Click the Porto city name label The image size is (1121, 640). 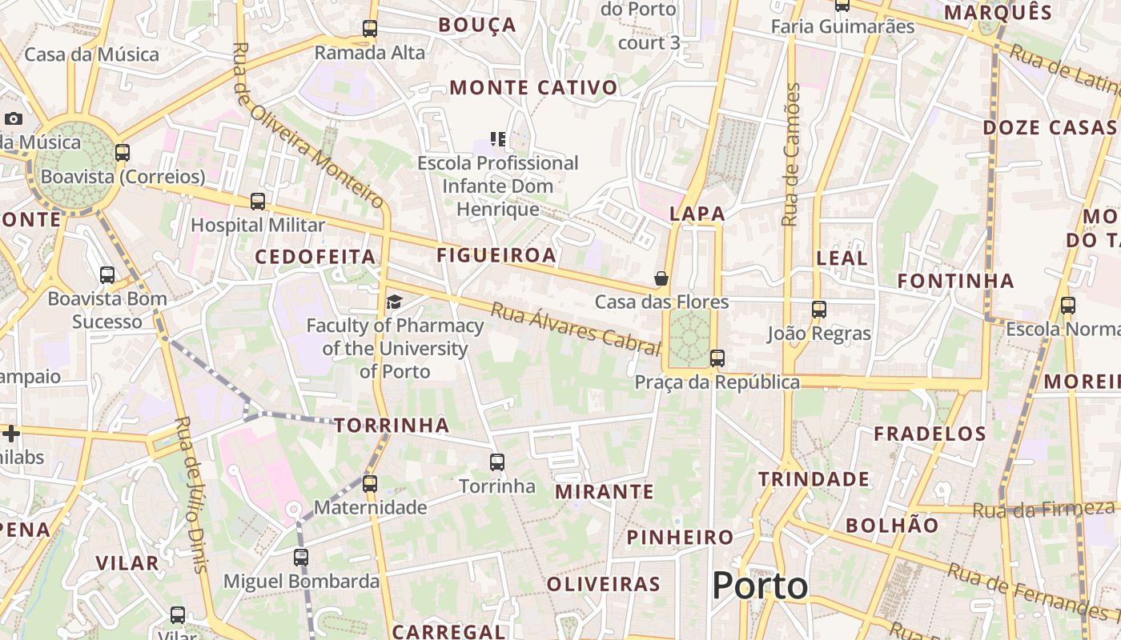tap(760, 586)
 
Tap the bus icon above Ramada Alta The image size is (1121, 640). tap(369, 29)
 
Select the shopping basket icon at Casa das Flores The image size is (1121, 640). tap(661, 278)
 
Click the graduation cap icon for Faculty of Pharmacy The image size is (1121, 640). tap(394, 302)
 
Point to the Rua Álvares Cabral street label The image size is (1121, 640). tap(576, 328)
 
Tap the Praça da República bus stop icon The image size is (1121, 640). tap(717, 358)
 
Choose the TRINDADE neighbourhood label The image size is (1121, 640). tap(814, 479)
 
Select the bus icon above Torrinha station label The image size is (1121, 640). tap(497, 462)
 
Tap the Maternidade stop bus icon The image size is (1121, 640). tap(369, 484)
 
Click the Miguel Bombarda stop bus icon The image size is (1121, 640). tap(301, 558)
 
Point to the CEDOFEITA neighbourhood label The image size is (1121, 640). tap(315, 257)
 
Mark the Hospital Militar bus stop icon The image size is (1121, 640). tap(257, 202)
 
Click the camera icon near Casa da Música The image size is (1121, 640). tap(14, 119)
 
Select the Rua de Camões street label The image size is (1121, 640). tap(791, 154)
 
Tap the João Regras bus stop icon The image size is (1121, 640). tap(818, 310)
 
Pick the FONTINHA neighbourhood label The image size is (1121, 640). tap(955, 281)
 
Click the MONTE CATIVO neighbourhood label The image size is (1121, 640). tap(533, 87)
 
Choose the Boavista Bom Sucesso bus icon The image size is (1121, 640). tap(107, 275)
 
